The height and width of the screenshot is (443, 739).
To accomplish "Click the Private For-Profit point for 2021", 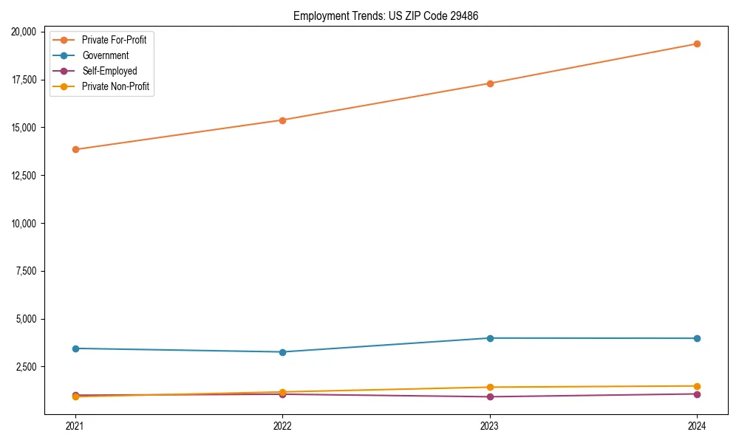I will point(75,149).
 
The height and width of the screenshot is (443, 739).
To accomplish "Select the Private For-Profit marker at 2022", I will point(282,120).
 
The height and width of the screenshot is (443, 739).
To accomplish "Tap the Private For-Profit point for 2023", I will point(489,83).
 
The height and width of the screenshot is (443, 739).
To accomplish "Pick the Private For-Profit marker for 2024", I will point(697,44).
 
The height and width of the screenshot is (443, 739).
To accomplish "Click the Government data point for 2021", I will point(75,348).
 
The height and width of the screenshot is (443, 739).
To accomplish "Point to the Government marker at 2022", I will point(282,352).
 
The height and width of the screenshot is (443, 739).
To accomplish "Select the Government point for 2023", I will point(489,338).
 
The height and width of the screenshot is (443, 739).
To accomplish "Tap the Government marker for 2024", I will point(697,338).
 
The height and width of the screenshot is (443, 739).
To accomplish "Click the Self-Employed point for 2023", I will point(489,396).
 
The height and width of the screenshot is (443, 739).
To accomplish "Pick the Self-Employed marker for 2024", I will point(697,394).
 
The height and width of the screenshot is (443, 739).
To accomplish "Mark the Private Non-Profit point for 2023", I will point(489,387).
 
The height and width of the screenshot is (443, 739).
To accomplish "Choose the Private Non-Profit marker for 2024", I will point(697,386).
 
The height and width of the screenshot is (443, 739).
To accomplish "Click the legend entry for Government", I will point(105,55).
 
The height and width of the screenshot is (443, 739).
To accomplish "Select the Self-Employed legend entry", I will point(109,71).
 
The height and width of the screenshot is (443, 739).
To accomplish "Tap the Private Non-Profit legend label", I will point(115,86).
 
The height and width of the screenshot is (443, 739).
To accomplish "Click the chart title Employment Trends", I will point(386,16).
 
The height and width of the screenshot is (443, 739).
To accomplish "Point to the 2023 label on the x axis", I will point(489,425).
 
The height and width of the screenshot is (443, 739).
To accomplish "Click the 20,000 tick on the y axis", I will point(26,32).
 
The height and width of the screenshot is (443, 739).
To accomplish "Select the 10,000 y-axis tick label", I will point(26,223).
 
